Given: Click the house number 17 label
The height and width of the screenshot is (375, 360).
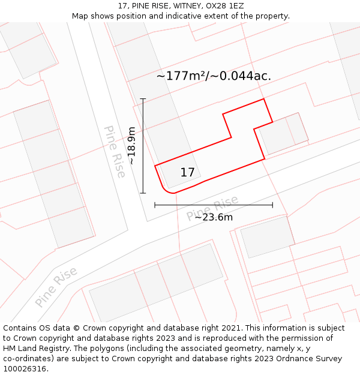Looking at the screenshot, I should (x=187, y=173).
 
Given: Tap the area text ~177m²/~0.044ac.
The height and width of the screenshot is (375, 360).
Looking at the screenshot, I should (x=214, y=76).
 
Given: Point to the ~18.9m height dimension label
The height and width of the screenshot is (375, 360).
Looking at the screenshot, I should (x=131, y=145).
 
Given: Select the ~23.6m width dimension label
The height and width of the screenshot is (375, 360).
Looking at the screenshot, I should (x=214, y=217).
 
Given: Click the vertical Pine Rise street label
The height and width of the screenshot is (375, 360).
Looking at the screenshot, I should (x=115, y=152).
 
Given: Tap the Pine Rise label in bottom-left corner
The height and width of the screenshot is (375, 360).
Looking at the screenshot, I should (x=56, y=287).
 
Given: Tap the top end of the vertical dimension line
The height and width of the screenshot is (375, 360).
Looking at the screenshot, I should (x=143, y=98).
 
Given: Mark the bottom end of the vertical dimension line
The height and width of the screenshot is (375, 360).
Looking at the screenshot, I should (x=143, y=193).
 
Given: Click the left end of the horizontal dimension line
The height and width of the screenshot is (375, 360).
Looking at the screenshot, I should (x=155, y=205).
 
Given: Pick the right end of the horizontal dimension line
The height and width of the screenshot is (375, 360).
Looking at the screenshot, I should (x=272, y=205).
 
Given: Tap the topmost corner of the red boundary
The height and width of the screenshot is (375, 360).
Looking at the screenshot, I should (x=263, y=99).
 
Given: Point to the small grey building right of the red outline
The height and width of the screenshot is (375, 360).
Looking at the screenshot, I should (x=283, y=134).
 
